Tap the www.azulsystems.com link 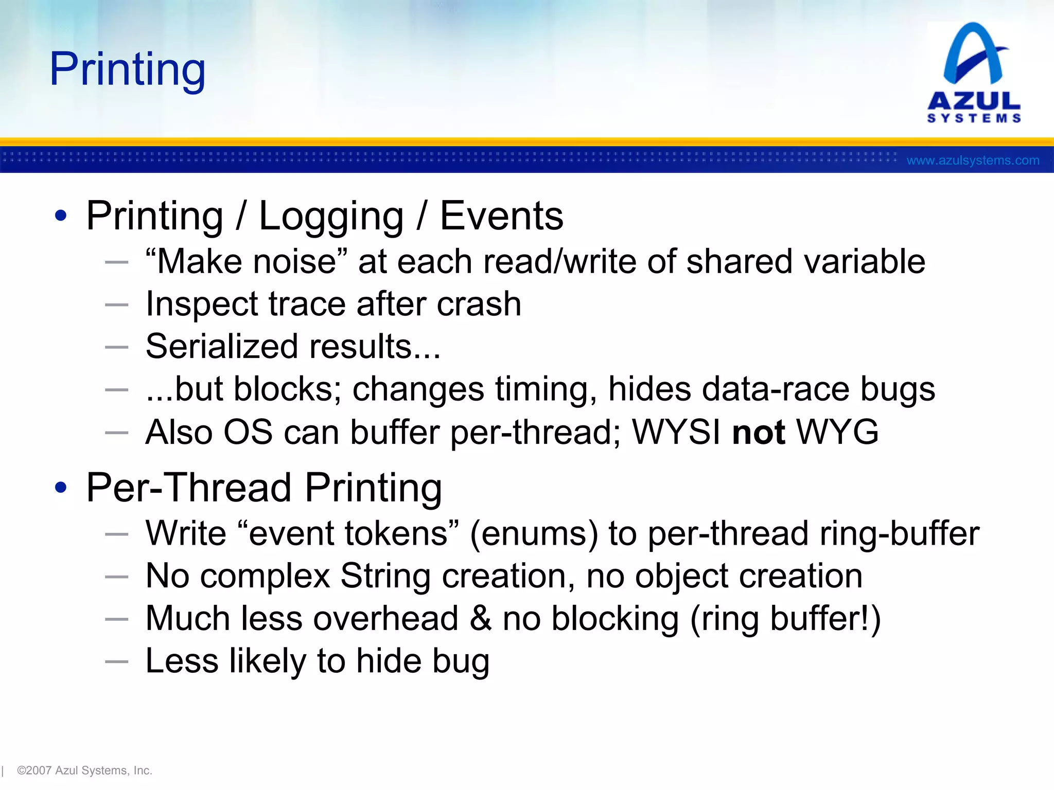[973, 160]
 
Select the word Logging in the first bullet [331, 217]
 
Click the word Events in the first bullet [501, 217]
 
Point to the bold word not [759, 432]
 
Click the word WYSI [676, 432]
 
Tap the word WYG [837, 432]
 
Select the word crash [479, 304]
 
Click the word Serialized [221, 346]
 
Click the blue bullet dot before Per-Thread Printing [61, 488]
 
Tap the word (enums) [534, 533]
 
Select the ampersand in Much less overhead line [481, 618]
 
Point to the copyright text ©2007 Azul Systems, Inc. [84, 770]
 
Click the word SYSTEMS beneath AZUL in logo [974, 118]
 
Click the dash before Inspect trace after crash [116, 304]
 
